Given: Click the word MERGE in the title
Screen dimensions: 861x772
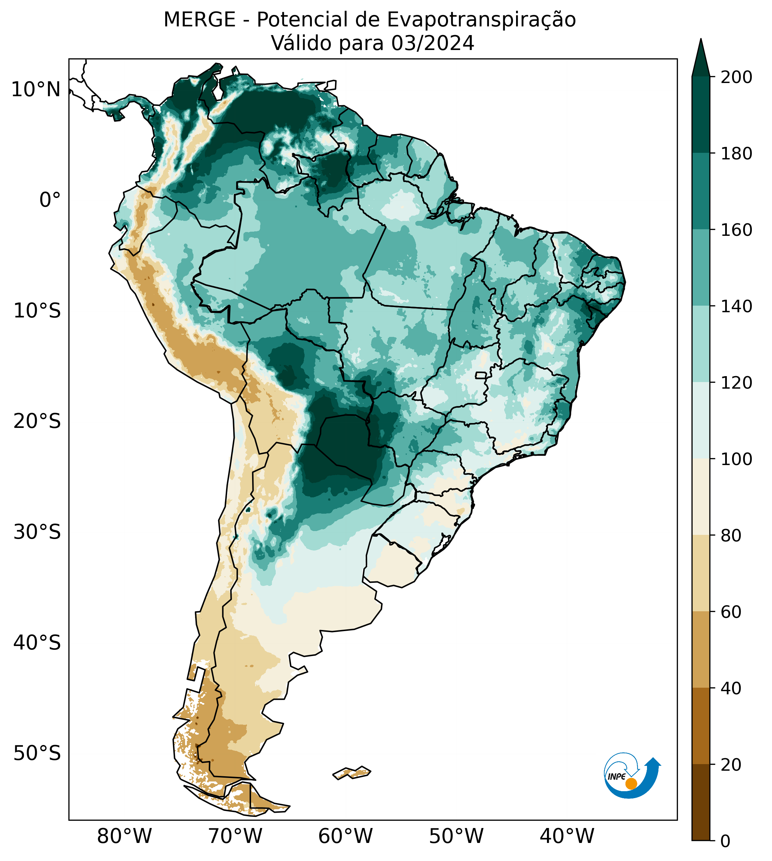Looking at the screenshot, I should click(x=199, y=20).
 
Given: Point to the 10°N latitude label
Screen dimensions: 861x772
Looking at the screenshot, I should click(x=36, y=90).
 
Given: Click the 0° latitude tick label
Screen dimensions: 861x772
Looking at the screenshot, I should click(x=50, y=200).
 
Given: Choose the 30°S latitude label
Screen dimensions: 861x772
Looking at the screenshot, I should click(x=37, y=532).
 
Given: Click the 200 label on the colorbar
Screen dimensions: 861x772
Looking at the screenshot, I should click(x=737, y=77).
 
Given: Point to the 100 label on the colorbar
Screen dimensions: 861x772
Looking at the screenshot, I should click(x=737, y=459).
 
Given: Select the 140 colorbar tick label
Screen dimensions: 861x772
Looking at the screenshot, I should click(x=737, y=306).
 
